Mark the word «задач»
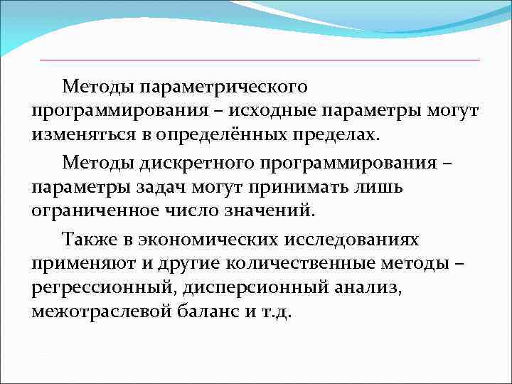coord(160,186)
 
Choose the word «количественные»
coord(301,262)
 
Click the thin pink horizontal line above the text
coord(260,60)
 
